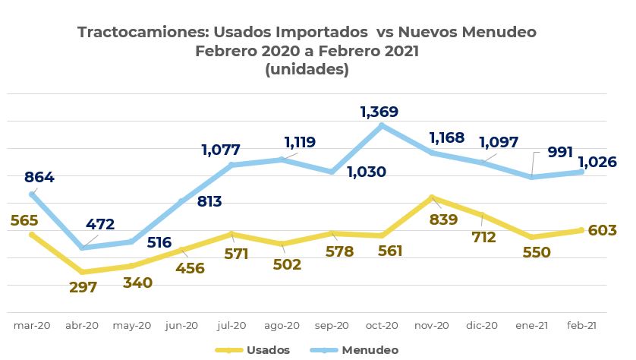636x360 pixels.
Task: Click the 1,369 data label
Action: [379, 112]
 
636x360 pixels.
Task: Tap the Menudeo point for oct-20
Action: [382, 125]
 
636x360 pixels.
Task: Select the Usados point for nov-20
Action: [432, 198]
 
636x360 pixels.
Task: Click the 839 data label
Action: [443, 219]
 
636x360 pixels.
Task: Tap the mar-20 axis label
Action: [32, 325]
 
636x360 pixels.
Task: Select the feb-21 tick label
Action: [581, 325]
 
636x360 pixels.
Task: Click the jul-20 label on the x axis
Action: [231, 325]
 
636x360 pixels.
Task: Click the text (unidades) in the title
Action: [307, 69]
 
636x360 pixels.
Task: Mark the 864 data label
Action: [39, 178]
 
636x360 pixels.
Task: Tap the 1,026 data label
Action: [597, 162]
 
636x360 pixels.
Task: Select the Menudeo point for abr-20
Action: [82, 248]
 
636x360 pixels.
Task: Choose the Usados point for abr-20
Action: [82, 271]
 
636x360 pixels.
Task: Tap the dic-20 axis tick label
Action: [482, 325]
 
